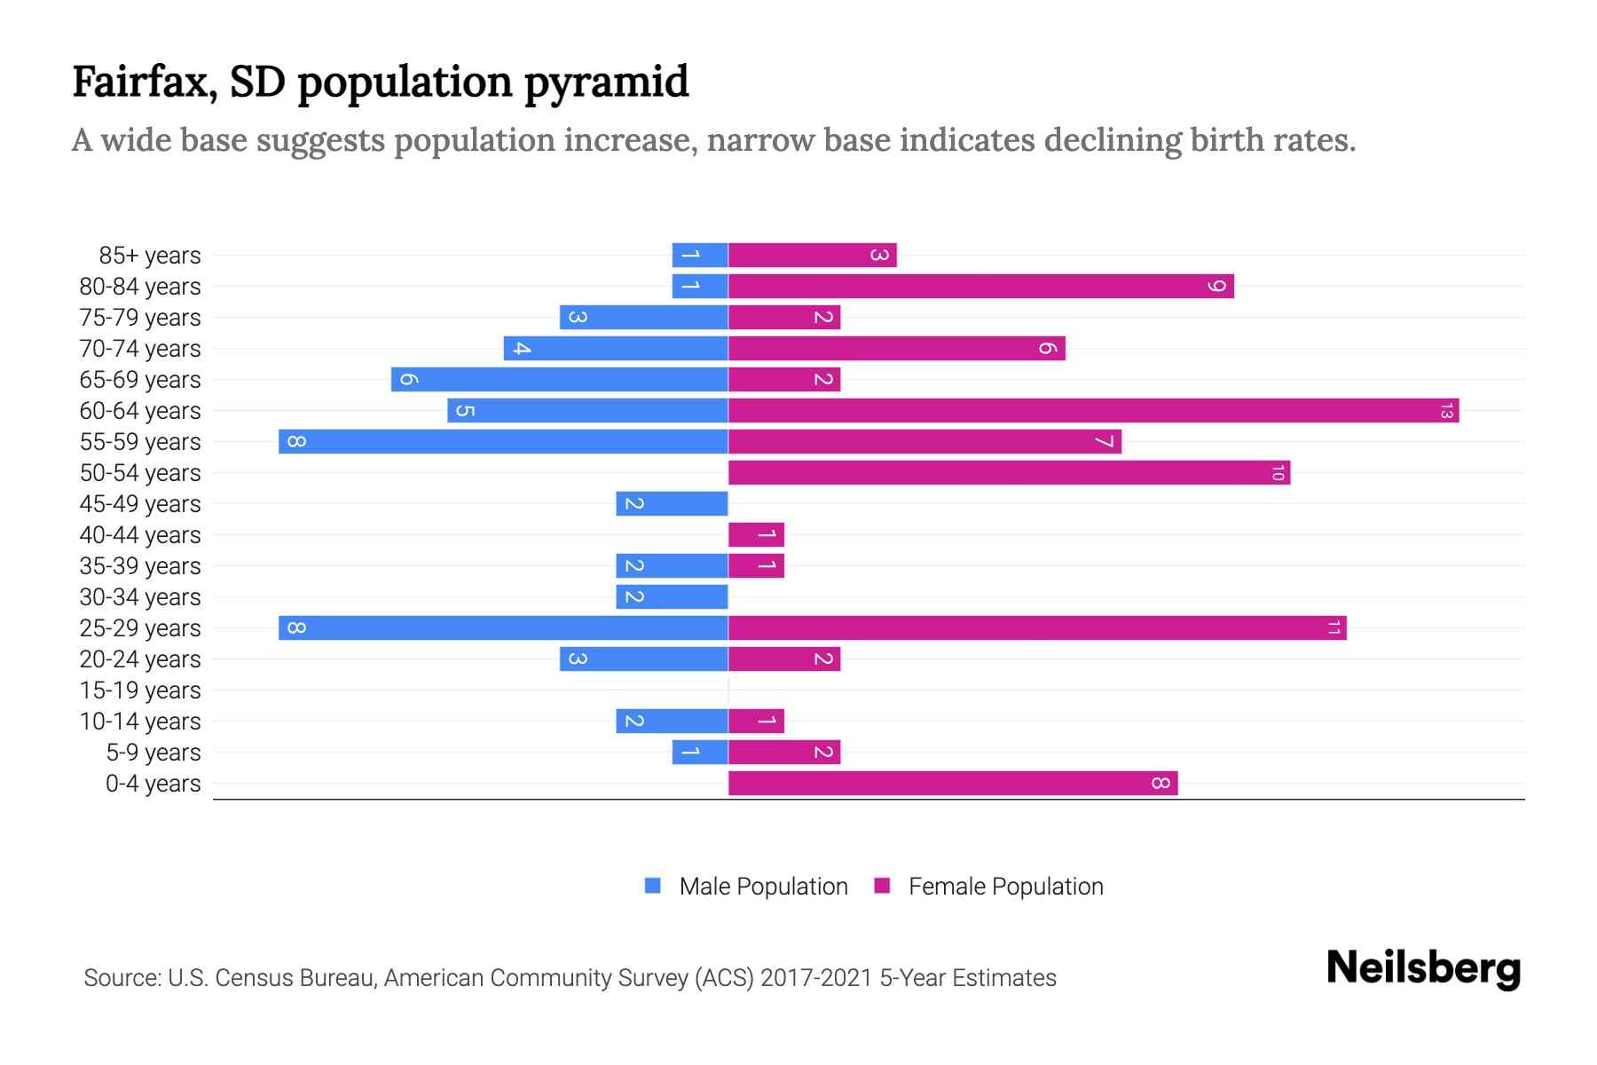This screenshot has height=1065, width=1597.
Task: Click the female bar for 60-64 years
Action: [x=1093, y=411]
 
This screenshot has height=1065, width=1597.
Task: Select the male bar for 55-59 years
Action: [x=503, y=442]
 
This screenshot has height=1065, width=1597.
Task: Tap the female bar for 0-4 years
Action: [x=953, y=784]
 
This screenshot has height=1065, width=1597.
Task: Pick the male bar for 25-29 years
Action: [x=503, y=628]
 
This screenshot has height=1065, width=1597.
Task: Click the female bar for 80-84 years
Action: [x=980, y=287]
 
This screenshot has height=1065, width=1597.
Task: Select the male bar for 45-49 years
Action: [x=672, y=504]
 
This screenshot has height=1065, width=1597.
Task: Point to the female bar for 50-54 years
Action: [x=1009, y=473]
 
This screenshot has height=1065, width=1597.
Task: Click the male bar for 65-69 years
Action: [x=559, y=380]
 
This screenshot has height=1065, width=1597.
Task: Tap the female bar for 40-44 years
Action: [x=756, y=535]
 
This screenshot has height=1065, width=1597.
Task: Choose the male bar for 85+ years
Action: [x=700, y=256]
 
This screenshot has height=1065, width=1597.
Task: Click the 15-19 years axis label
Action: [x=140, y=690]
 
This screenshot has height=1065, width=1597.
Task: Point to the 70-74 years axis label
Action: [x=140, y=349]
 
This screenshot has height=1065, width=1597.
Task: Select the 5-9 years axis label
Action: [x=153, y=753]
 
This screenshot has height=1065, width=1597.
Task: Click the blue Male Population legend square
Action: [x=653, y=886]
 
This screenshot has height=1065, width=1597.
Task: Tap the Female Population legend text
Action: [x=1005, y=886]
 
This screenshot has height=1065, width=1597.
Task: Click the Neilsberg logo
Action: [x=1423, y=968]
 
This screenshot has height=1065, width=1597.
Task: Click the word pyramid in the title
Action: [x=606, y=83]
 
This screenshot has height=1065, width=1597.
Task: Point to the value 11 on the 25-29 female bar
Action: [x=1333, y=628]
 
